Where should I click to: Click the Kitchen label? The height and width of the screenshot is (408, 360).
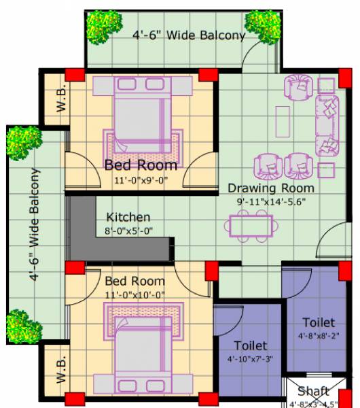point(128,218)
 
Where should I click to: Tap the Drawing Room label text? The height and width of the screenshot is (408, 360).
point(271,188)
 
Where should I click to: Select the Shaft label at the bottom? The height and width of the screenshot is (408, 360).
point(313,391)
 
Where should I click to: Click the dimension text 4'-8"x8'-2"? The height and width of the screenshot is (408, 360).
point(319,335)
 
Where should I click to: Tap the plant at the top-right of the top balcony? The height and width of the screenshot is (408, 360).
point(264,26)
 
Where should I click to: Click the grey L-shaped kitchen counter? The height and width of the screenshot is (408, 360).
point(85,231)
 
